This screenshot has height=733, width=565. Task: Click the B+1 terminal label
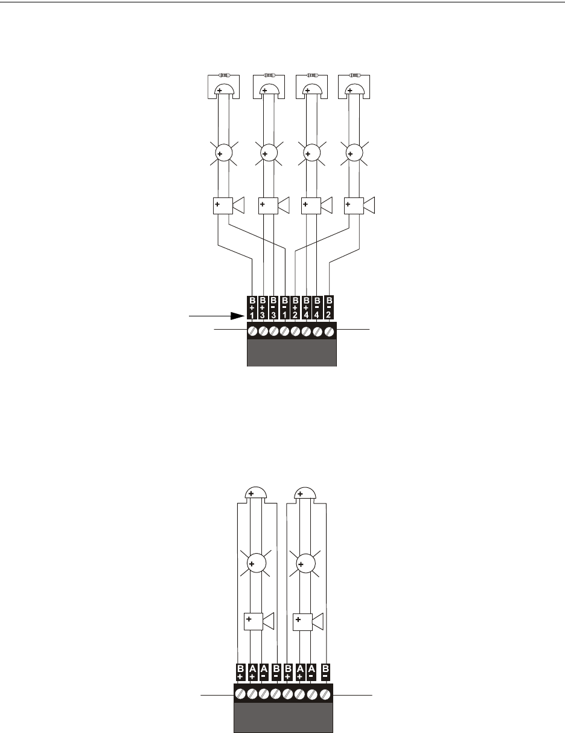pyautogui.click(x=252, y=308)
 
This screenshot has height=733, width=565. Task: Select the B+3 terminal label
pyautogui.click(x=263, y=308)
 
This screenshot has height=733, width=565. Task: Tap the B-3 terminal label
pyautogui.click(x=273, y=308)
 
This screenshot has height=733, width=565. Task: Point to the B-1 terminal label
pyautogui.click(x=284, y=308)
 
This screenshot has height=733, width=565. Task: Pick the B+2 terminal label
pyautogui.click(x=295, y=308)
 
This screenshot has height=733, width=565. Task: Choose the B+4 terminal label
pyautogui.click(x=306, y=308)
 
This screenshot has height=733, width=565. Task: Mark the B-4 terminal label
pyautogui.click(x=317, y=308)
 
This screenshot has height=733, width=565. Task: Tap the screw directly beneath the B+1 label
pyautogui.click(x=253, y=331)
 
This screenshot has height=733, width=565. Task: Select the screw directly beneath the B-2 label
pyautogui.click(x=330, y=331)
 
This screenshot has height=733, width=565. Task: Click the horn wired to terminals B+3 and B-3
pyautogui.click(x=272, y=205)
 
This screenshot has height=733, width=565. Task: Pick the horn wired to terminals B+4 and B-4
pyautogui.click(x=315, y=205)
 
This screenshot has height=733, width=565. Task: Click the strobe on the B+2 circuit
pyautogui.click(x=352, y=155)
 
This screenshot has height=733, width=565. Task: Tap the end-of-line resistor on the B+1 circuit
pyautogui.click(x=224, y=75)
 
